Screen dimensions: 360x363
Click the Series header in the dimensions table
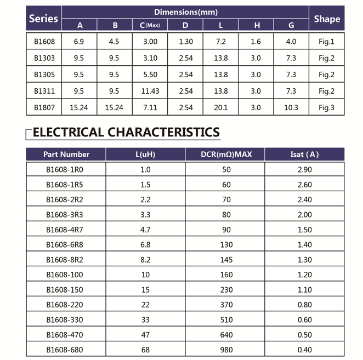pos(43,19)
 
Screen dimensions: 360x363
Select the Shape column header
pos(327,19)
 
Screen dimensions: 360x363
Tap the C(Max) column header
pos(149,25)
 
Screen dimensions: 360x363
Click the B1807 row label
pos(44,107)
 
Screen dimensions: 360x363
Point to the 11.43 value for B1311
pos(149,91)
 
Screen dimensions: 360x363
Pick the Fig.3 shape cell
pos(326,107)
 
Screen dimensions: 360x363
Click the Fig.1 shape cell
pos(326,42)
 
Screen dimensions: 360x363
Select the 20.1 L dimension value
pos(220,107)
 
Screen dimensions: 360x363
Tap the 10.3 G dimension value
pos(291,107)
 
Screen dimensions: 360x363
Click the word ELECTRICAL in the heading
pos(69,132)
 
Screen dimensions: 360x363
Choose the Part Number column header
pos(66,155)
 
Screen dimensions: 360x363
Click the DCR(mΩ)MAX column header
pos(226,155)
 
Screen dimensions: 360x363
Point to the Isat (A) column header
pos(304,155)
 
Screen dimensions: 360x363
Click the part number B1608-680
pos(66,350)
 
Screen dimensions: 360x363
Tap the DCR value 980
pos(226,350)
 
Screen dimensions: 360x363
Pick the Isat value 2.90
pos(304,169)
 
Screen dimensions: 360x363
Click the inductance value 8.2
pos(145,260)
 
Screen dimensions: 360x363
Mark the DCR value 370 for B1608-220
pos(226,305)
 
